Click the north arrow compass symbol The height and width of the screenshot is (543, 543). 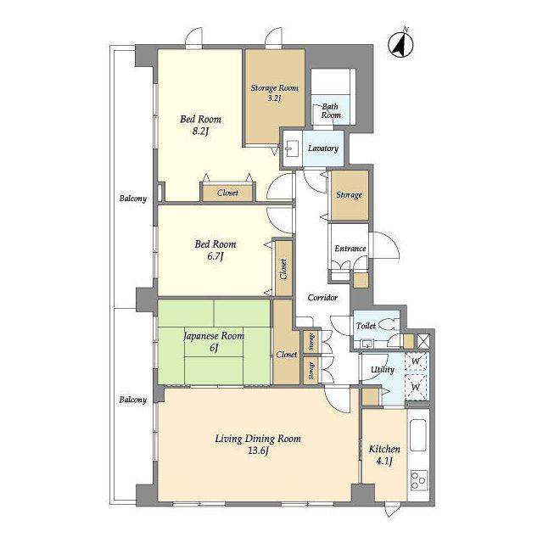point(400,44)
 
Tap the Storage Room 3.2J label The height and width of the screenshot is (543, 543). point(274,92)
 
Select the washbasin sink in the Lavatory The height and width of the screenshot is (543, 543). point(290,149)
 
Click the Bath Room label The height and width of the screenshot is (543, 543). point(331,111)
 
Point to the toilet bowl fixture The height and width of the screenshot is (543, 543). point(388,324)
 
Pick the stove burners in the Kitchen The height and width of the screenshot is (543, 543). point(418,480)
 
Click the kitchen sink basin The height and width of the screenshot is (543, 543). point(417,435)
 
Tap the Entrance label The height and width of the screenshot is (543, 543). point(350,249)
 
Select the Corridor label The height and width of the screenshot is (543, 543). point(322,298)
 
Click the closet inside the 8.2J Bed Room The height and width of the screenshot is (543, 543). point(227,193)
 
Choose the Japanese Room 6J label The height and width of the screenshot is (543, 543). point(214,341)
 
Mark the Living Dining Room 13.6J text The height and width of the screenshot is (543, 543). point(258,445)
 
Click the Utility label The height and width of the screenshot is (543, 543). point(383,370)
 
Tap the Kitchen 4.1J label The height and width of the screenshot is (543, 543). point(384,455)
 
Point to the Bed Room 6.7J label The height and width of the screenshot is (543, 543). point(216,250)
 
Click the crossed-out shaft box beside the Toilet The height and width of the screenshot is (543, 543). point(423,341)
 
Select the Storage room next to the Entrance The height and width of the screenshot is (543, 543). point(349,195)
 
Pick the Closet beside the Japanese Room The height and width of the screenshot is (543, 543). point(286,342)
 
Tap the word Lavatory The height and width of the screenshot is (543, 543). point(323,148)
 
